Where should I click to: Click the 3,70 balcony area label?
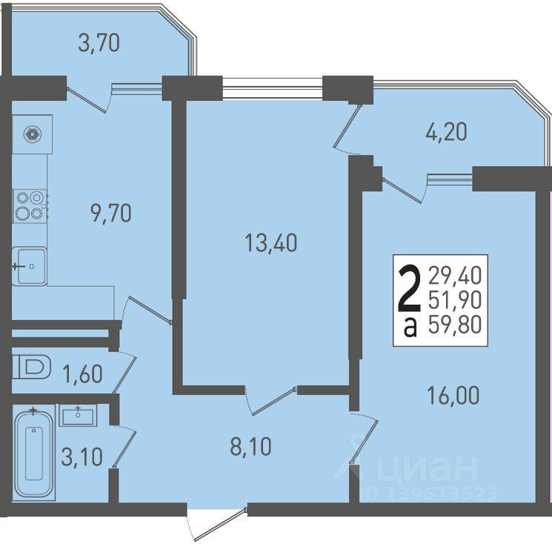pyautogui.click(x=99, y=43)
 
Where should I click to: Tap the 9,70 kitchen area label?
pyautogui.click(x=111, y=213)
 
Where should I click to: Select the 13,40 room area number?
pyautogui.click(x=270, y=243)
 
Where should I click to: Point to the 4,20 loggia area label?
pyautogui.click(x=446, y=132)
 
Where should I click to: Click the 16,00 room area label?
pyautogui.click(x=453, y=395)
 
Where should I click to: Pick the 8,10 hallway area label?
pyautogui.click(x=250, y=446)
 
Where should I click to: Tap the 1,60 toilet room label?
pyautogui.click(x=83, y=374)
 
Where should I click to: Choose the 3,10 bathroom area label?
pyautogui.click(x=82, y=457)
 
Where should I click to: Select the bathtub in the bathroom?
pyautogui.click(x=34, y=453)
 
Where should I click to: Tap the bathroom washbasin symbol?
pyautogui.click(x=78, y=416)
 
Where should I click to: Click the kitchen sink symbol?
pyautogui.click(x=29, y=266)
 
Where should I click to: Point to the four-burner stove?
pyautogui.click(x=30, y=206)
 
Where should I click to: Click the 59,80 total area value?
pyautogui.click(x=455, y=325)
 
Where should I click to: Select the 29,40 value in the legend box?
pyautogui.click(x=455, y=276)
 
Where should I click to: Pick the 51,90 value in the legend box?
pyautogui.click(x=455, y=300)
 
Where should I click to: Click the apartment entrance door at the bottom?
pyautogui.click(x=217, y=525)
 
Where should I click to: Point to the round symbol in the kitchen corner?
pyautogui.click(x=33, y=134)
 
